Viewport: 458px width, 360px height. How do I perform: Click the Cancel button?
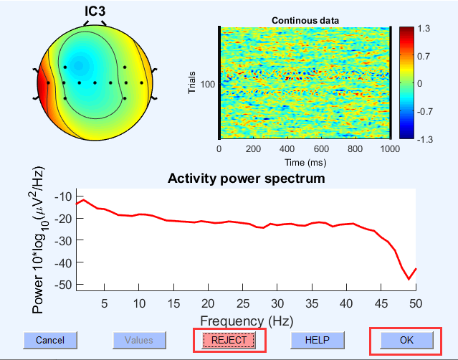click(x=50, y=340)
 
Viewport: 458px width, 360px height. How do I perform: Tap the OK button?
click(x=406, y=340)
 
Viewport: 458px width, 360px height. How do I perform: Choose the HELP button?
click(x=317, y=340)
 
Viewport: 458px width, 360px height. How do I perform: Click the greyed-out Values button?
click(x=139, y=340)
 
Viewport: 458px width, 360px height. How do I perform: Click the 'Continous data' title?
click(x=305, y=20)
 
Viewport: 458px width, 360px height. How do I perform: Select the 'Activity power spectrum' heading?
click(x=247, y=178)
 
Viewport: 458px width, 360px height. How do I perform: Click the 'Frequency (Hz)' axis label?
click(x=247, y=321)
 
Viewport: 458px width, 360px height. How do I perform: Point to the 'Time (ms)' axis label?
click(x=305, y=162)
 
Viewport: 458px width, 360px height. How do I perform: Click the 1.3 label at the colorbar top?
click(x=424, y=29)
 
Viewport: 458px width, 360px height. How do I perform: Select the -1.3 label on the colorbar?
click(x=423, y=139)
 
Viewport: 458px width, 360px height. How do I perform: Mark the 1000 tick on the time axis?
click(x=390, y=150)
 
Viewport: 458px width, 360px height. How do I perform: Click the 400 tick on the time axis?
click(x=287, y=150)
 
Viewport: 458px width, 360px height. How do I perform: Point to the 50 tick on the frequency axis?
click(x=416, y=303)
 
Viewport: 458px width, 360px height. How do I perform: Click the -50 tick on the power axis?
click(x=63, y=285)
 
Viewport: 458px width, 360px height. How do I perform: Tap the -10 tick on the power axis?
click(x=63, y=196)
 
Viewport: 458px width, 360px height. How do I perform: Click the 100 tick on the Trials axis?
click(x=209, y=84)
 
